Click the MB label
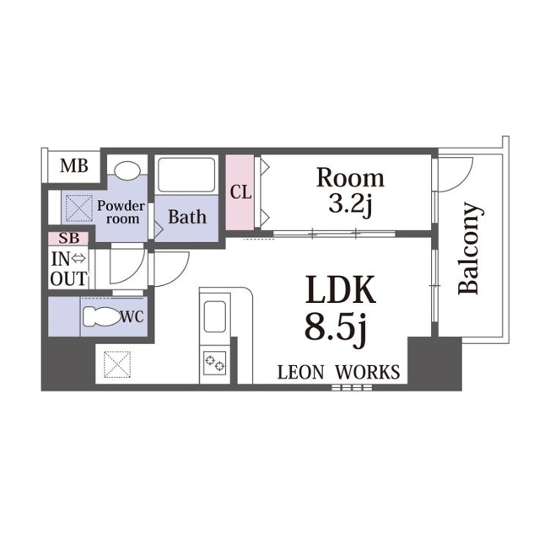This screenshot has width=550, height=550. pos(74,166)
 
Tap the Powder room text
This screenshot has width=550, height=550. pos(121,212)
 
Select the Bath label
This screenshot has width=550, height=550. pos(187,217)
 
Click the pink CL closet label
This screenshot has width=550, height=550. pos(240,192)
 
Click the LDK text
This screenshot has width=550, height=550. pos(341,289)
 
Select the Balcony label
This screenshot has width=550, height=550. pos(469,248)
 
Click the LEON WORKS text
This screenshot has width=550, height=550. pos(338,372)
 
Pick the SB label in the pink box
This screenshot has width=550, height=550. pos(69,238)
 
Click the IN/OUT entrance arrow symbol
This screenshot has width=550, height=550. pos(78,259)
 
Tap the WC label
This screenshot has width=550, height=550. pos(132,317)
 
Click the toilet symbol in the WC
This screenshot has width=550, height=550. pos(101,316)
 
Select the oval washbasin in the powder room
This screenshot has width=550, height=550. pos(127,169)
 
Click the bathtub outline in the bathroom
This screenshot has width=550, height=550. pos(186,175)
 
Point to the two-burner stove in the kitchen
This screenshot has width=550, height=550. pos(214,364)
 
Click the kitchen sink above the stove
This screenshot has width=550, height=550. pos(214,316)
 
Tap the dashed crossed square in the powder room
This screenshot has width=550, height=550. pos(79,208)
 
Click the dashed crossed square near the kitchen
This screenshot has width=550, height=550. pos(117,364)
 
